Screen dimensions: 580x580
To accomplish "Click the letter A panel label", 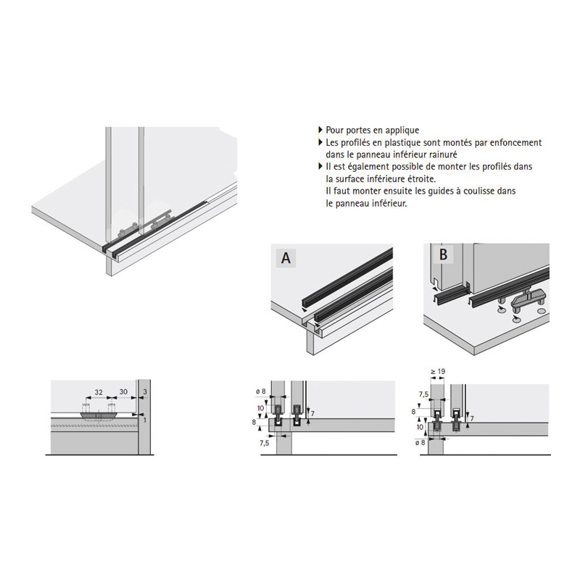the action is (286, 258).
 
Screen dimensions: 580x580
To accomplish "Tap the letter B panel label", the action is (443, 254).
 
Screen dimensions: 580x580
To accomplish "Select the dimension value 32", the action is (99, 392).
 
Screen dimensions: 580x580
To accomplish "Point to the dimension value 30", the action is (123, 391).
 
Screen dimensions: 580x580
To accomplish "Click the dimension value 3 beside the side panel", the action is (145, 391).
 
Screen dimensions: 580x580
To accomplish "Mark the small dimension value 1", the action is (144, 420).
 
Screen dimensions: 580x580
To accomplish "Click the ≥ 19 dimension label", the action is (438, 371).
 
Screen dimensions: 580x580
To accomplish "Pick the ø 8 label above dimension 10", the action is (261, 391).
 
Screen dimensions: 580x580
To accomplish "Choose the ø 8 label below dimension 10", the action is (420, 442).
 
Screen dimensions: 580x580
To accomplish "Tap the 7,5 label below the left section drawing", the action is (265, 443).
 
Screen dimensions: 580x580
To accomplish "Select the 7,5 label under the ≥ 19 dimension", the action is (423, 394).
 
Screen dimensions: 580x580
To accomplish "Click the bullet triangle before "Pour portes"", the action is (320, 130).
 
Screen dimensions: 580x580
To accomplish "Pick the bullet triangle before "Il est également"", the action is (320, 167).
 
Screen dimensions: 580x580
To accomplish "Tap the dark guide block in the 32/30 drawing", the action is (99, 416).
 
